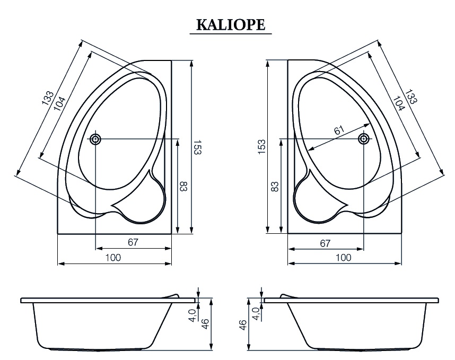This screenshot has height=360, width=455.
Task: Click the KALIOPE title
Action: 231,25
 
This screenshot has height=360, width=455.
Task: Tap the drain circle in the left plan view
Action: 95,139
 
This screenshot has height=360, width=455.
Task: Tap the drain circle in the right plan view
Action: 364,139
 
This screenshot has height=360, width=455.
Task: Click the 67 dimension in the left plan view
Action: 133,242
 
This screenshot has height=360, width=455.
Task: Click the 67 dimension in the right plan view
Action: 325,243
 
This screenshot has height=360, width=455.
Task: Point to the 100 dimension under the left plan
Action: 113,258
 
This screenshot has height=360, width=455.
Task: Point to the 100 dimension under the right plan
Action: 344,258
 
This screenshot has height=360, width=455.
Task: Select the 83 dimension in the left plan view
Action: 183,187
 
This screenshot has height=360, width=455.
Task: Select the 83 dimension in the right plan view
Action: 275,187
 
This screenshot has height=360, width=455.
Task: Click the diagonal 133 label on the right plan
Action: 410,98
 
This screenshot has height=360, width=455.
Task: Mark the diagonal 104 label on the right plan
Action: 398,102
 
